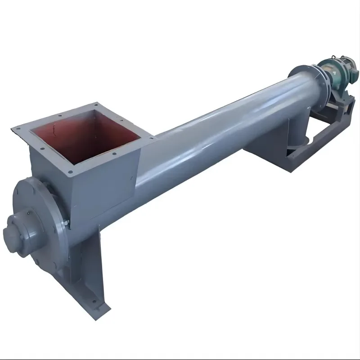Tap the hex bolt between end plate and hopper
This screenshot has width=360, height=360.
coord(66,223)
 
